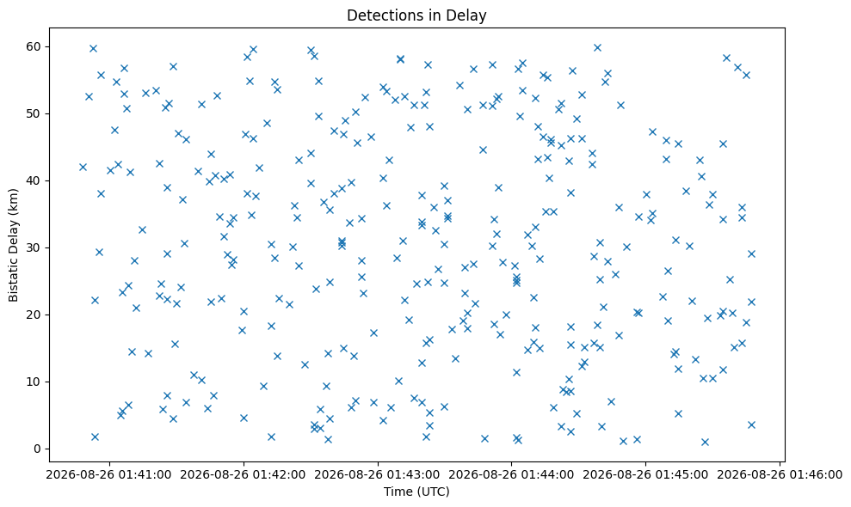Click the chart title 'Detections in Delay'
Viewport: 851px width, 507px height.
416,15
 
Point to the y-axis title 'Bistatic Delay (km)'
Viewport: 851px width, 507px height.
13,245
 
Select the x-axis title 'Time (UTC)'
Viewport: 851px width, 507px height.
416,492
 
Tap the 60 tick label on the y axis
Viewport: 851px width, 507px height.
34,46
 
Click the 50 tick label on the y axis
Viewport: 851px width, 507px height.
34,114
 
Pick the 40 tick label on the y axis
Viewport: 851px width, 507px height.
34,180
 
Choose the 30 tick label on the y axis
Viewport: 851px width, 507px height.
34,247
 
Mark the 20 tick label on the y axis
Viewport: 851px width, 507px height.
34,315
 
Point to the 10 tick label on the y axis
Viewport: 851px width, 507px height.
34,382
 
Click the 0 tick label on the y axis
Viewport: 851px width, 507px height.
38,449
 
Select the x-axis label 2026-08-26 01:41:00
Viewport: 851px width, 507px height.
108,475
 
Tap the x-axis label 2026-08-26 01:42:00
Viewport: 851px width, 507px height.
244,475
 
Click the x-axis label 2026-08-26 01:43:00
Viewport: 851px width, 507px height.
377,475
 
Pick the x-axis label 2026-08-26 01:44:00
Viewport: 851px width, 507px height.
511,475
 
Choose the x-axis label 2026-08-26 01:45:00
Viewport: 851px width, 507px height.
645,475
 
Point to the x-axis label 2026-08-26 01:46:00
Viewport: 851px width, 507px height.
780,475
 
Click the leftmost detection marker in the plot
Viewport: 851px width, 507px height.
83,167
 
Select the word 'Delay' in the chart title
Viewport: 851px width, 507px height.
469,15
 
